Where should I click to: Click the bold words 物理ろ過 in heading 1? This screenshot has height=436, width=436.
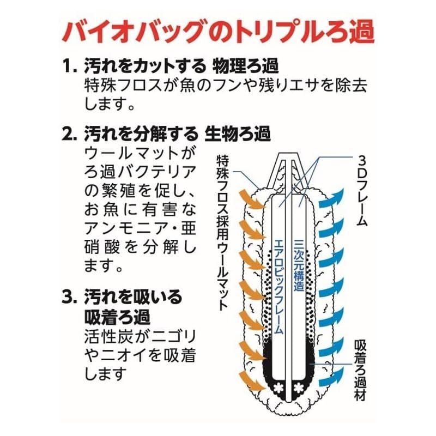(245, 66)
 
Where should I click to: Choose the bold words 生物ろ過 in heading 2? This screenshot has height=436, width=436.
(238, 134)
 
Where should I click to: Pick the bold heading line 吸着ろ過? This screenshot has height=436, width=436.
(117, 317)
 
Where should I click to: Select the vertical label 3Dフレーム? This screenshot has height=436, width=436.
(362, 191)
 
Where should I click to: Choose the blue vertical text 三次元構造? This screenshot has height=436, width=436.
(299, 265)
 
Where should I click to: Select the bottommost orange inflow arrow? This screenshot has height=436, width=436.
(252, 382)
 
